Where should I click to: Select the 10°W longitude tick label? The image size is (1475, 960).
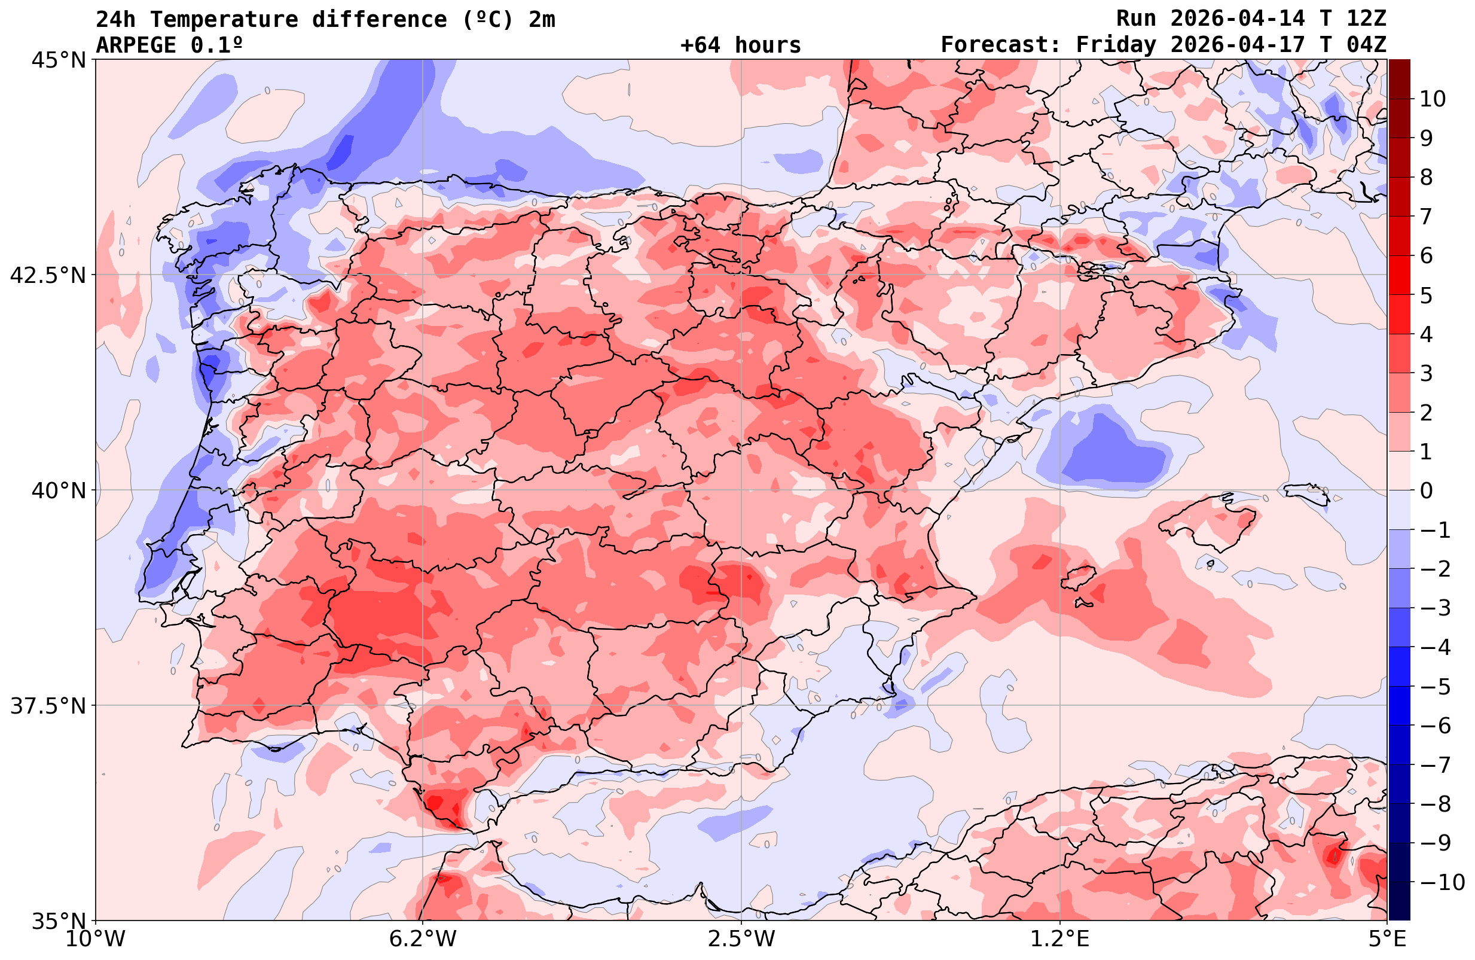click(96, 939)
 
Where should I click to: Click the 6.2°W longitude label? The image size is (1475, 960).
click(423, 939)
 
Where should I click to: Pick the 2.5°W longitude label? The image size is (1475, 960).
click(741, 939)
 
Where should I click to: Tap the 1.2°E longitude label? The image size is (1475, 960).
click(1060, 939)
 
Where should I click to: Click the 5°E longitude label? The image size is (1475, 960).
click(1387, 939)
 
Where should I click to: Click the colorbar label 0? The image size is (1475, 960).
click(1426, 490)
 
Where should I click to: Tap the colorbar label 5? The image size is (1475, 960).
click(1426, 295)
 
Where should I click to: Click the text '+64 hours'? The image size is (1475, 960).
click(741, 45)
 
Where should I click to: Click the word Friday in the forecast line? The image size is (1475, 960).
click(1116, 45)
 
